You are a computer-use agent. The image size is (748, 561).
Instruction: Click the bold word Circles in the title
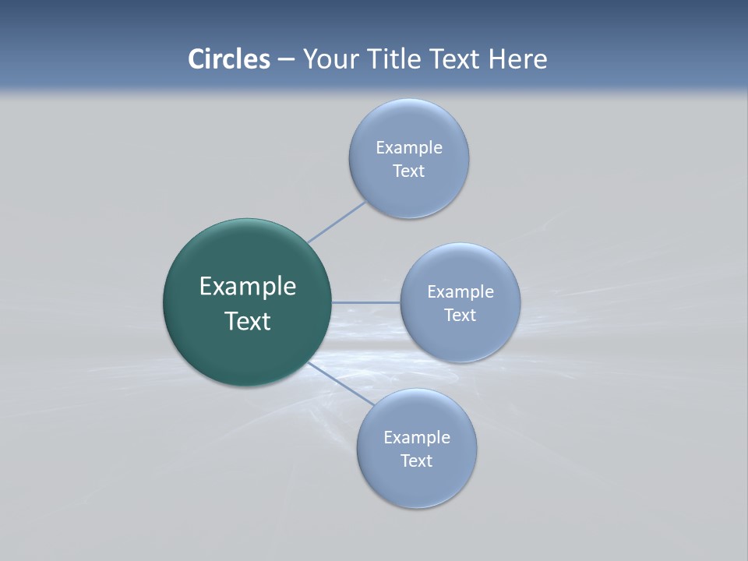click(229, 59)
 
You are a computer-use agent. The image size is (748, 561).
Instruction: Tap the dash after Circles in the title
click(286, 60)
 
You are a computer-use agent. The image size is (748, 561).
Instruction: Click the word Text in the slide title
click(456, 59)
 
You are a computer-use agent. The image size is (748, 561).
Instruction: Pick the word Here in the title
click(518, 59)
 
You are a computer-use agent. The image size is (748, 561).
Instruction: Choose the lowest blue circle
click(417, 487)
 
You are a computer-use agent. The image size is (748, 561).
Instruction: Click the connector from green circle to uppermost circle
click(337, 221)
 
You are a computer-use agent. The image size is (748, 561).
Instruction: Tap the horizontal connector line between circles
click(366, 302)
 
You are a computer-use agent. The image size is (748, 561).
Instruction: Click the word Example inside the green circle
click(248, 287)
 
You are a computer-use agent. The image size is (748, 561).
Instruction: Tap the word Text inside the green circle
click(248, 321)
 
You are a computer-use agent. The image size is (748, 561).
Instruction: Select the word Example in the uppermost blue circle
click(409, 147)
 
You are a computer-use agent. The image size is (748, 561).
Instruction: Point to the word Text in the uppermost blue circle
click(409, 171)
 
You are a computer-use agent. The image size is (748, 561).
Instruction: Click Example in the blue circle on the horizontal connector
click(460, 291)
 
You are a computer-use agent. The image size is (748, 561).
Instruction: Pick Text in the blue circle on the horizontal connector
click(460, 315)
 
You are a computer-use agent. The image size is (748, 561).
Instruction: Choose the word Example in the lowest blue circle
click(417, 437)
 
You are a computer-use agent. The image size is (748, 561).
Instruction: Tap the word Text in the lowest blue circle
click(417, 460)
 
